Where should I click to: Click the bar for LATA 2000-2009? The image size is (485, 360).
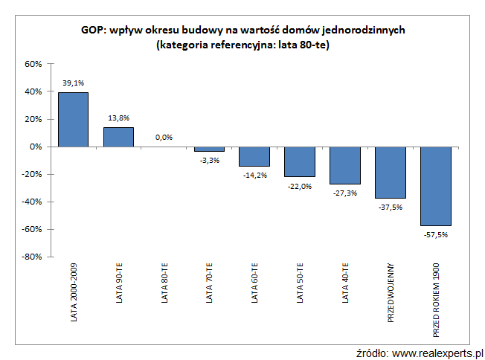coord(73,120)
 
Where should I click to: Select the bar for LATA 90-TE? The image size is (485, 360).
coord(118,138)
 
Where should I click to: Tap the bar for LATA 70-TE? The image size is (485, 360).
coord(209,149)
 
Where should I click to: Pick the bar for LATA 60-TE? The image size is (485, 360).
coord(254,156)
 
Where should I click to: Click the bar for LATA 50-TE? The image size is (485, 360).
coord(300,161)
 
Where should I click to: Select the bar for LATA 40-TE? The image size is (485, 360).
coord(345,165)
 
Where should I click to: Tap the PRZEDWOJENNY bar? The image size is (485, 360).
coord(391,172)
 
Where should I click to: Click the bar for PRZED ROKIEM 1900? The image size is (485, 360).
coord(436,186)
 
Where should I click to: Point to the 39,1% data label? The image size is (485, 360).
coord(73,84)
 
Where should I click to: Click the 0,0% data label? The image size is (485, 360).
coord(164,138)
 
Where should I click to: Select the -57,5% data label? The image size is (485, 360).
coord(436,234)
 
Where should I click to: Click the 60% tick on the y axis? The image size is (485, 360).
coord(33,64)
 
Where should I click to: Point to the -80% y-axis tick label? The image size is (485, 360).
coord(31,257)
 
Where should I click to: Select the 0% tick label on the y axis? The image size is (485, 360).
coord(36,147)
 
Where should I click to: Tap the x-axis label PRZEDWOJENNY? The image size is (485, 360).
coord(391,292)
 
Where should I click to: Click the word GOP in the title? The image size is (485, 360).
coord(93,30)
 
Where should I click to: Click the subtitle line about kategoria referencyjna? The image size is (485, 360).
coord(243,45)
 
